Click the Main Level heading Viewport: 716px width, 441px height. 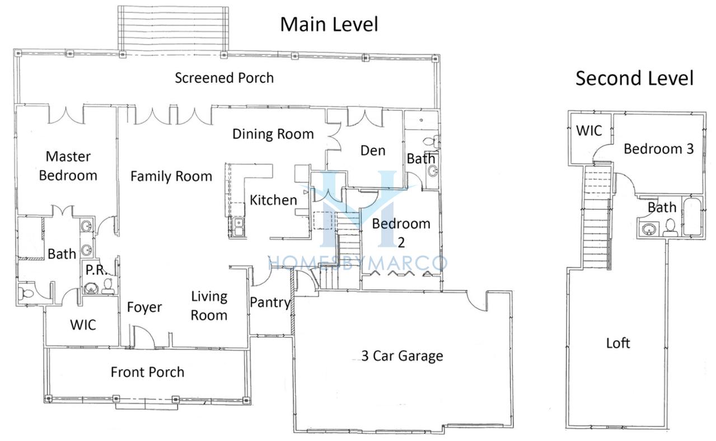tap(329, 24)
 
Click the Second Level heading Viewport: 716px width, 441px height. tap(634, 78)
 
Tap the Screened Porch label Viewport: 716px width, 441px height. tap(224, 78)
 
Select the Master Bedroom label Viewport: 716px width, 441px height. tap(68, 166)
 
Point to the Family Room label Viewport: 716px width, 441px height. tap(171, 176)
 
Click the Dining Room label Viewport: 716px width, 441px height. tap(273, 134)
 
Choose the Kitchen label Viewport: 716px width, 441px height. tap(273, 200)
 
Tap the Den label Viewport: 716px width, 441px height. tap(373, 151)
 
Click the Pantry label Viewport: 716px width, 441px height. tap(270, 303)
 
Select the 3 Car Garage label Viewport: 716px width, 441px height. tap(402, 356)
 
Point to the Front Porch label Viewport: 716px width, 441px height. tap(147, 372)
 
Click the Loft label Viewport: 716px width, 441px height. tap(618, 344)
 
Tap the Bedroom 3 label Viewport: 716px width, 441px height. tap(659, 149)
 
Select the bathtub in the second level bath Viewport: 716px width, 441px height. tap(692, 217)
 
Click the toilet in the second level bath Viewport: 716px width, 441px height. tap(670, 227)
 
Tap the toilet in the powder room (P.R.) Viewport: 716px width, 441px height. tap(108, 287)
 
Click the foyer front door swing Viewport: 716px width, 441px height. tap(144, 336)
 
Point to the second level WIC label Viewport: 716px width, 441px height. tap(589, 131)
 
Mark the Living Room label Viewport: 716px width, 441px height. tap(209, 306)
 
